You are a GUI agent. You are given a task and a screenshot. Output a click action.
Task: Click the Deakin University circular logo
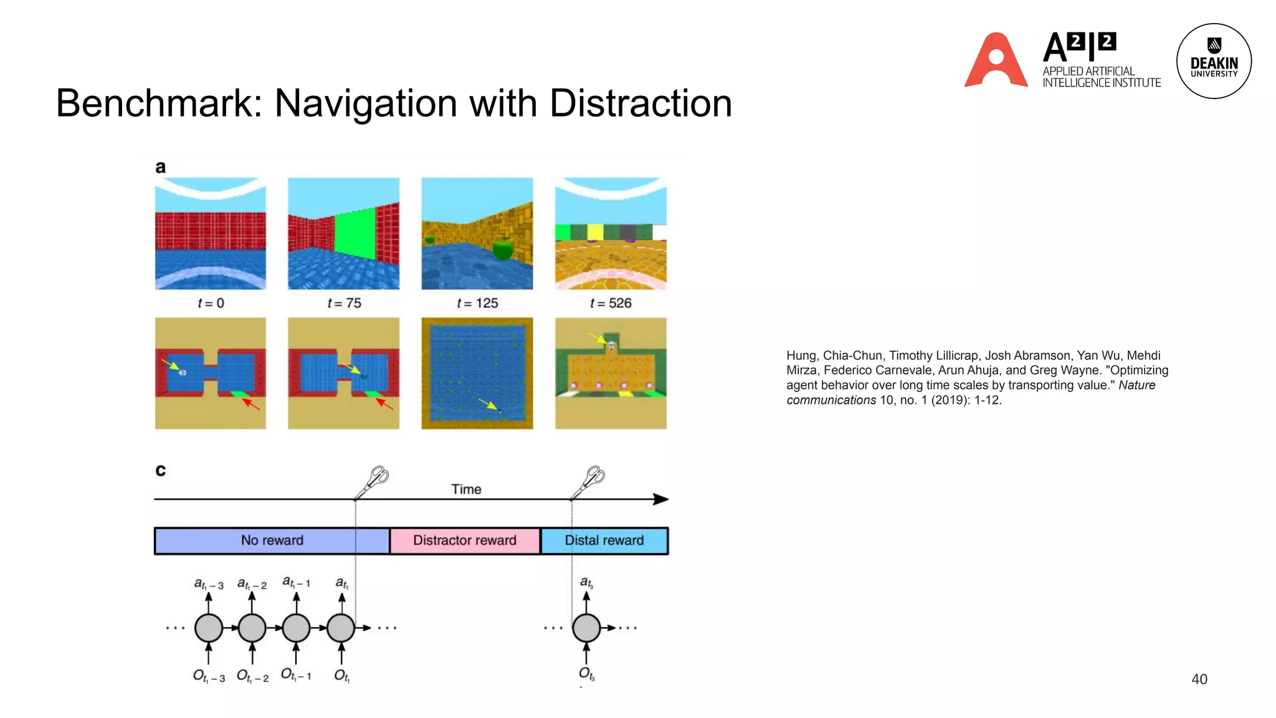[1213, 61]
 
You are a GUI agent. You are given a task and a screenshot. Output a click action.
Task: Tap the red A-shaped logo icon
[996, 60]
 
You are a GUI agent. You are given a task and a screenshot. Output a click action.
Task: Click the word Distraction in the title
[640, 103]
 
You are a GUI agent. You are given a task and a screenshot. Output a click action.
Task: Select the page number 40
[1199, 679]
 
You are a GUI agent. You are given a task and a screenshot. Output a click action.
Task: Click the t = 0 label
[211, 304]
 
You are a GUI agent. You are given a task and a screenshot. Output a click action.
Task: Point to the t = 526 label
[611, 304]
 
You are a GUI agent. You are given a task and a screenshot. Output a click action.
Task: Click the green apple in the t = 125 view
[502, 250]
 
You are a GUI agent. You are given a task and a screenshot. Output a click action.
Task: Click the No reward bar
[272, 540]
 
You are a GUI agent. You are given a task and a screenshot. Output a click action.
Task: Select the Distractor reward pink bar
[465, 540]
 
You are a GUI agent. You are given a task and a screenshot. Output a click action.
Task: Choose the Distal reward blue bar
[604, 540]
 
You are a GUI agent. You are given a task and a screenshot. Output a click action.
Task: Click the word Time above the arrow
[466, 489]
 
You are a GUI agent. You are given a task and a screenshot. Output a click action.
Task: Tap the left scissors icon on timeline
[373, 481]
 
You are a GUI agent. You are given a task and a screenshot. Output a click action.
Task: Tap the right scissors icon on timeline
[589, 481]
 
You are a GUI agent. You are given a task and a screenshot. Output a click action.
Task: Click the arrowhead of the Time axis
[661, 499]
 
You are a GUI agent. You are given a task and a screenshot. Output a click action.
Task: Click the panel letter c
[161, 471]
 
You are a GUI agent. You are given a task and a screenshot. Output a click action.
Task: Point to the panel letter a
[161, 167]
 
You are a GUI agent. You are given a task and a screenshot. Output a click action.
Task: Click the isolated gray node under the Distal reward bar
[586, 628]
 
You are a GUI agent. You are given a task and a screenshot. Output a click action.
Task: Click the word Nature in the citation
[1136, 385]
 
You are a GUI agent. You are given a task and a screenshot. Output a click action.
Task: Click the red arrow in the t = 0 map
[251, 404]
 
